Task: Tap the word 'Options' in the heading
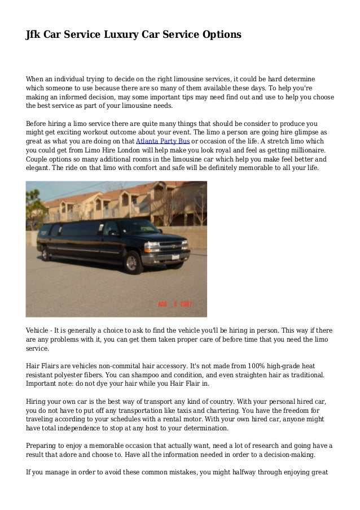220,35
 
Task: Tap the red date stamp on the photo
174,304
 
